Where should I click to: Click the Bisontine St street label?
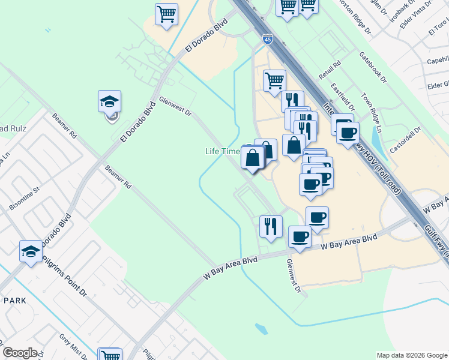[24, 199]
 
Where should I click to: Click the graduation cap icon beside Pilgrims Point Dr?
[31, 251]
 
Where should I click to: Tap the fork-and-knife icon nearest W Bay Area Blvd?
[271, 226]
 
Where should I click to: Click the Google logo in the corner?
[20, 353]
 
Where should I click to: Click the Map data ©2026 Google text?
[412, 355]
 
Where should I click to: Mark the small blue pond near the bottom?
[261, 329]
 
